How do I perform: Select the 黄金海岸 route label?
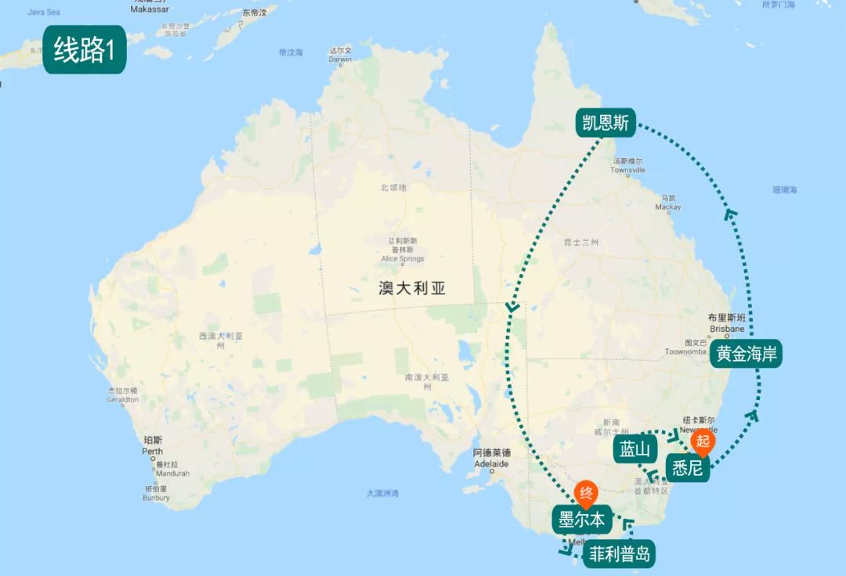pyautogui.click(x=747, y=354)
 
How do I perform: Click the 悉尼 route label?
pyautogui.click(x=687, y=468)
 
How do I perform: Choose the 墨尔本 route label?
pyautogui.click(x=580, y=519)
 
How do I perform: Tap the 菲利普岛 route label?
pyautogui.click(x=619, y=555)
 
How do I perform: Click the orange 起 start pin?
pyautogui.click(x=701, y=441)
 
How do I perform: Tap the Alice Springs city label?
pyautogui.click(x=402, y=259)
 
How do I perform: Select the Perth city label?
pyautogui.click(x=152, y=452)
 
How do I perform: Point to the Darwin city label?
pyautogui.click(x=340, y=59)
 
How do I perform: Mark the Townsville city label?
pyautogui.click(x=627, y=170)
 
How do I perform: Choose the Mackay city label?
pyautogui.click(x=668, y=207)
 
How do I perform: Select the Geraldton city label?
pyautogui.click(x=123, y=399)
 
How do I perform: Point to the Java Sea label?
pyautogui.click(x=43, y=13)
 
